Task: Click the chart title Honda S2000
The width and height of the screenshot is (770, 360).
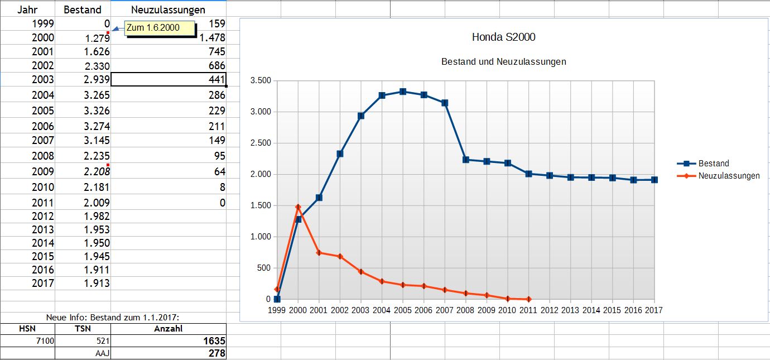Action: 503,37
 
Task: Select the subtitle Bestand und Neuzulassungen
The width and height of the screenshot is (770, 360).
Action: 503,61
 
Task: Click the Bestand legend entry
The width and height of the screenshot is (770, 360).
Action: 714,164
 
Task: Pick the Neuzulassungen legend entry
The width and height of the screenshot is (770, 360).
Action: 729,176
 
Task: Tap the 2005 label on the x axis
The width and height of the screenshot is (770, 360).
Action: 402,310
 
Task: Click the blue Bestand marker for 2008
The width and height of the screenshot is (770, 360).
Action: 466,160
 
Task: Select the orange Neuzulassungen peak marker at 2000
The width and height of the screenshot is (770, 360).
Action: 298,207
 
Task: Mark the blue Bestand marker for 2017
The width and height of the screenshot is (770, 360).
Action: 654,180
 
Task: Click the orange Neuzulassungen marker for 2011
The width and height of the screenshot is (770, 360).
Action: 528,299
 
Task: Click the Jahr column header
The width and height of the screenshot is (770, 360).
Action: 27,9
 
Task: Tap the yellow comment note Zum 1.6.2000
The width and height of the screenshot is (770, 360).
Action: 160,28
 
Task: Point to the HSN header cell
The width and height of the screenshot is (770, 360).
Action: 27,329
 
